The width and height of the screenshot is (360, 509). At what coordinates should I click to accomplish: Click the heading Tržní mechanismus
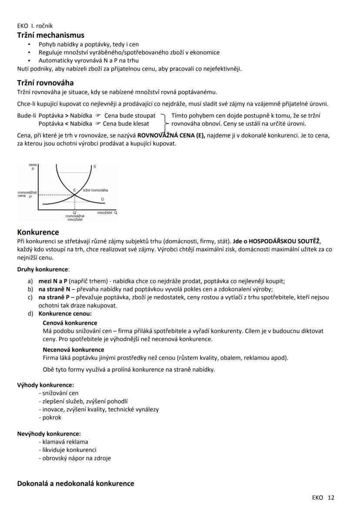(x=50, y=35)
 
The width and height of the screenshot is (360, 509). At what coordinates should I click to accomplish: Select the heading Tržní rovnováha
(x=45, y=82)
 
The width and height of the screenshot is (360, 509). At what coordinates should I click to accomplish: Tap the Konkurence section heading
(x=38, y=232)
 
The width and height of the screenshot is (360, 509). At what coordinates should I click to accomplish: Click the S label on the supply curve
(x=94, y=167)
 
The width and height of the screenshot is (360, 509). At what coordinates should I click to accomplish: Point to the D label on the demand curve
(x=103, y=199)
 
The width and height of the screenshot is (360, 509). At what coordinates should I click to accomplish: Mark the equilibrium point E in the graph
(x=74, y=190)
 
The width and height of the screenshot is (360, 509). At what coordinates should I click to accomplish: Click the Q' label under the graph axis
(x=75, y=212)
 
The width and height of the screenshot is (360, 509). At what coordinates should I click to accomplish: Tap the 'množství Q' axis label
(x=107, y=212)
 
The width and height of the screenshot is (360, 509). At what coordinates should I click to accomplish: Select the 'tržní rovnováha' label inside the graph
(x=95, y=190)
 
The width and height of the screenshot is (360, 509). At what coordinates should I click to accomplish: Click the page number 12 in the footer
(x=331, y=498)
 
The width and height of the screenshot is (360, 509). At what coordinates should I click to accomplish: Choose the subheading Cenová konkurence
(x=70, y=323)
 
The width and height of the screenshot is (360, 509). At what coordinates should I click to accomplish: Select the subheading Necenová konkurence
(x=73, y=349)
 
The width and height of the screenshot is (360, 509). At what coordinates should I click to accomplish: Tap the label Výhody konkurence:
(x=45, y=385)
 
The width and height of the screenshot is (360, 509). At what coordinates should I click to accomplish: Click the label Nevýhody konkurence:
(x=49, y=433)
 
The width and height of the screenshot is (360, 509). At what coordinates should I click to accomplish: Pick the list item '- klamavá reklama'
(x=63, y=442)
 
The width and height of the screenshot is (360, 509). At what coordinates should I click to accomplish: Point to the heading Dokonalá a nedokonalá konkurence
(x=75, y=483)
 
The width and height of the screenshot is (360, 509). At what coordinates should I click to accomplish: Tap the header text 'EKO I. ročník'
(x=35, y=26)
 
